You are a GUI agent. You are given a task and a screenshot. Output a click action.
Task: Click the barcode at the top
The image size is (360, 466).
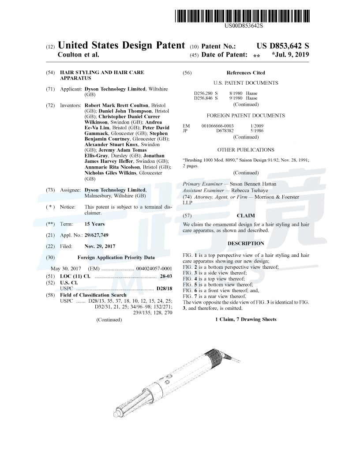tap(243, 15)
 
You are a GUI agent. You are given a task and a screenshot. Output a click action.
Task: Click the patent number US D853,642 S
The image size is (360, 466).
tap(283, 46)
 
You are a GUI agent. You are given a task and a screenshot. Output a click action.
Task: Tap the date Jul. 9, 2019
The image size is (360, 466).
tap(290, 55)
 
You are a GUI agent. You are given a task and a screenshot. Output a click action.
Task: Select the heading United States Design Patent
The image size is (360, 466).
tap(121, 45)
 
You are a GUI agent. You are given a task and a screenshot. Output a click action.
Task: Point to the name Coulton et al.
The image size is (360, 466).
tap(79, 55)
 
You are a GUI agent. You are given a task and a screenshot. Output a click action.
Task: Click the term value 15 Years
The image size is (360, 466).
tap(94, 224)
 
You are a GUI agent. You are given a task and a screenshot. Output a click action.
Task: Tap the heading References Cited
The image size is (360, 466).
tap(246, 73)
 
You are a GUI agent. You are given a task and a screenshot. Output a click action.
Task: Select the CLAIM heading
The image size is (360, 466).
tap(246, 216)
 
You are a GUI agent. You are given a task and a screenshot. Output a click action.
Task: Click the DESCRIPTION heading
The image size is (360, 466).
tap(246, 243)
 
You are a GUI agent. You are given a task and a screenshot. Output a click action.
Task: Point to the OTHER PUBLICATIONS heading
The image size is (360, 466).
tap(246, 150)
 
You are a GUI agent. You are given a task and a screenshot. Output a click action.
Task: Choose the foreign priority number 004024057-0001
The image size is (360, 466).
tap(154, 268)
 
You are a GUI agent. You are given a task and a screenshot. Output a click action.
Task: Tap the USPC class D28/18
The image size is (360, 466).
tap(164, 289)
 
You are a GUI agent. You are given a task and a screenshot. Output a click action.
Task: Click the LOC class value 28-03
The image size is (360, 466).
tap(166, 276)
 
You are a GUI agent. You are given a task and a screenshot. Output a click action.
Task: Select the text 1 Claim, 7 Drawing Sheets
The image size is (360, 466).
tap(246, 319)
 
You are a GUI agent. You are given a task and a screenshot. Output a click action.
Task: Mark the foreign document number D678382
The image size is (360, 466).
tap(225, 131)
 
